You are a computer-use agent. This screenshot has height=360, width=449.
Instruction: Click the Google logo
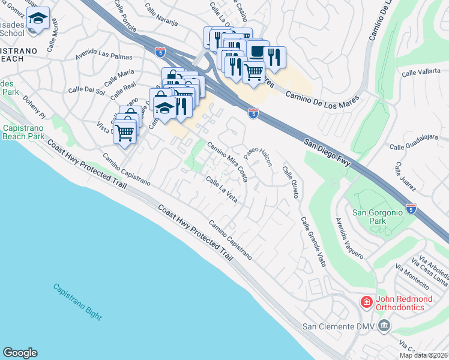(x=20, y=353)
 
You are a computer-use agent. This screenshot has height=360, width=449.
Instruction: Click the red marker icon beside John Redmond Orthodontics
(x=365, y=302)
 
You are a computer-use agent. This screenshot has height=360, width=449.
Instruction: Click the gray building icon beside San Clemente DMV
(x=384, y=326)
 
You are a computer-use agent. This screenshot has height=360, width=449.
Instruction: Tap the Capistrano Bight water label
(x=77, y=301)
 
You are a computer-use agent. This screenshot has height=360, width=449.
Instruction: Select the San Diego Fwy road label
(x=327, y=153)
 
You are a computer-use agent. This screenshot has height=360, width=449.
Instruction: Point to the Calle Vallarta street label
(x=421, y=73)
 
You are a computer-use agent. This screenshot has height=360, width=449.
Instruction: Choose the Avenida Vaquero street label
(x=349, y=238)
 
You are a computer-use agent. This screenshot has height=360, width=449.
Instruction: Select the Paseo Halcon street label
(x=259, y=157)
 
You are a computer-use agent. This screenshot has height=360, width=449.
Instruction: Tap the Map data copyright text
(x=424, y=355)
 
